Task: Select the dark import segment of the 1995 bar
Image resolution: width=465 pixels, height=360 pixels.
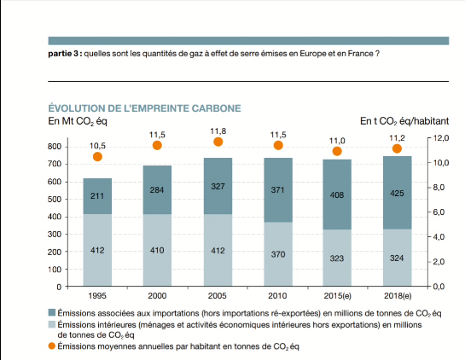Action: coord(98,195)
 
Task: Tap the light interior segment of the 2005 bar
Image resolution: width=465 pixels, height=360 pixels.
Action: coord(218,250)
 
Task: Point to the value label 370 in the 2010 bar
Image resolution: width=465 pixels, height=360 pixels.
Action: coord(277,253)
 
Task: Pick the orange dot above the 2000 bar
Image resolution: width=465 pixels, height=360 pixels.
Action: coord(157,145)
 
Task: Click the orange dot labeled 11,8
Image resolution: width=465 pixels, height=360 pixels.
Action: coord(218,142)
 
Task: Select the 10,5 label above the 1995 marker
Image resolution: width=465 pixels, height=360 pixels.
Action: coord(97,146)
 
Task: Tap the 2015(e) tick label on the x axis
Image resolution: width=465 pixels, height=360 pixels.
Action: coord(337,296)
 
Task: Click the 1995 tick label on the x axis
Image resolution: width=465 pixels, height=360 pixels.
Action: coord(98,296)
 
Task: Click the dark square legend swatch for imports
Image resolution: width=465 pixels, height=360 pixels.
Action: coord(53,313)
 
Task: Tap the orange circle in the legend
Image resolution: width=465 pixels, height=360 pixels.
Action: coord(53,347)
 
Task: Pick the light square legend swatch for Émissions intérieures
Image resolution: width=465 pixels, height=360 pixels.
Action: coord(53,325)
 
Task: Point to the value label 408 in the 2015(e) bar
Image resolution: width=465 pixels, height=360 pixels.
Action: coord(337,195)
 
